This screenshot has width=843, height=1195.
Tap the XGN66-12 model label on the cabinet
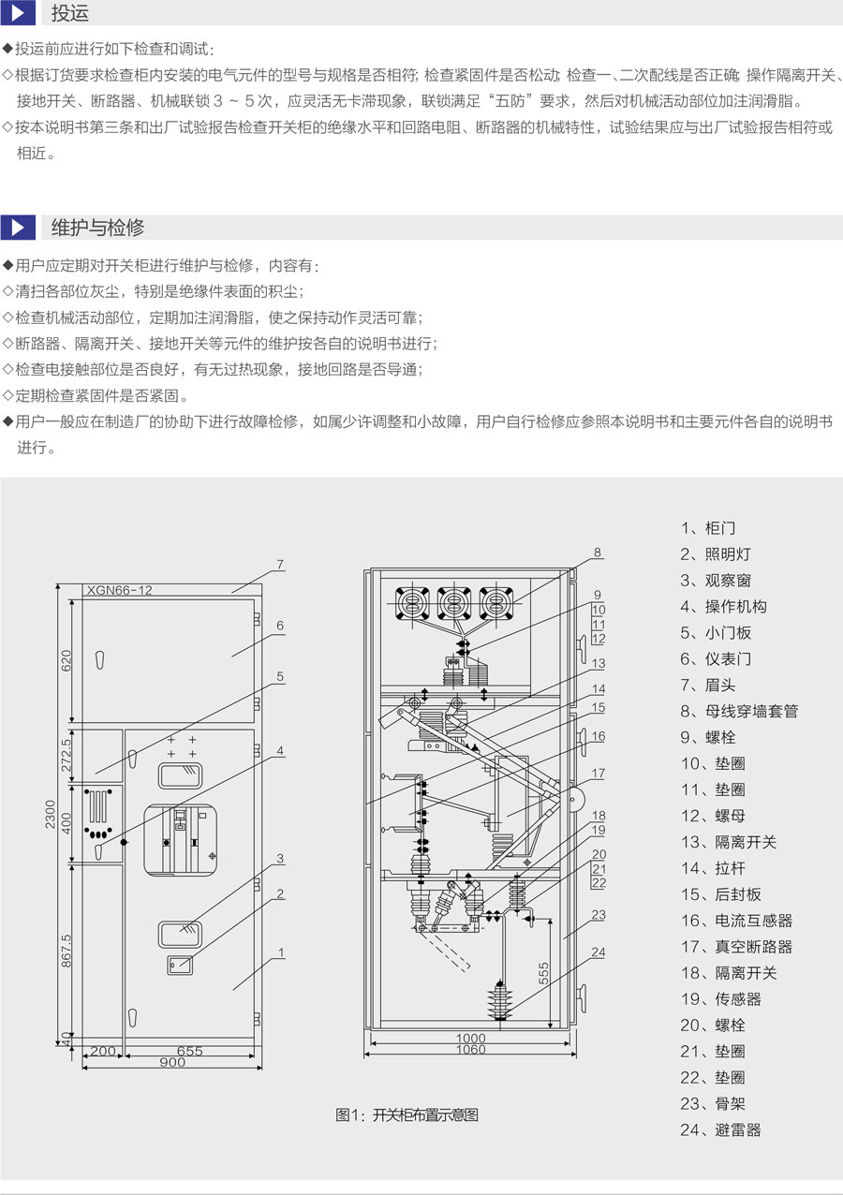(x=119, y=590)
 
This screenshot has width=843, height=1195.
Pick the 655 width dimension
(x=189, y=1051)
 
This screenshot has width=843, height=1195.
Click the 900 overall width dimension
(x=171, y=1063)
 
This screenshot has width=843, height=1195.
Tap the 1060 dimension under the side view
(x=470, y=1051)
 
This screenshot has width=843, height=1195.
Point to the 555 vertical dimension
(x=544, y=974)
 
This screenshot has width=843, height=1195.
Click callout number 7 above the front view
(x=279, y=564)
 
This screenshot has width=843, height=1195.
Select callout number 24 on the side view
(x=599, y=953)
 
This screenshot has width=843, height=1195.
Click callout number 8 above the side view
(x=598, y=552)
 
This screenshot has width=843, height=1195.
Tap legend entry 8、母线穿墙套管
(x=739, y=711)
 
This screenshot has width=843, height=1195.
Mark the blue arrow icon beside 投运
(x=18, y=14)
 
